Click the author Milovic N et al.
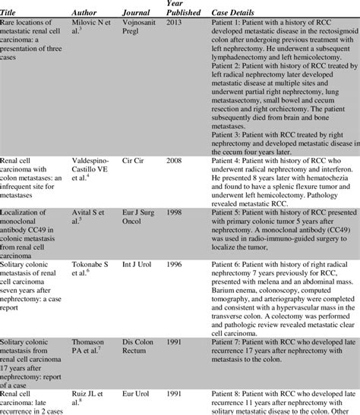point(88,30)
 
